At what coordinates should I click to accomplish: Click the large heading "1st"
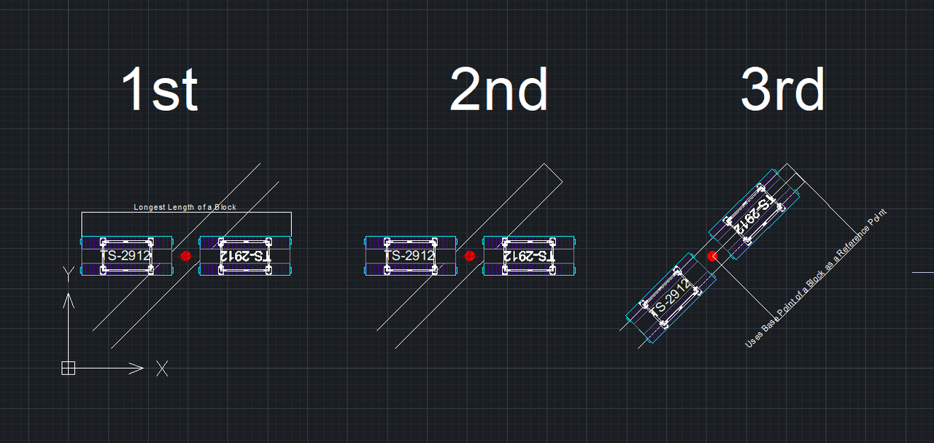point(160,90)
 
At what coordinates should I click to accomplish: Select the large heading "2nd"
point(499,90)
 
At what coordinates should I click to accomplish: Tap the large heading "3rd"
point(783,90)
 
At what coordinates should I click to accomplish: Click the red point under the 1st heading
point(185,256)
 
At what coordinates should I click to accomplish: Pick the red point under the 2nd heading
point(469,256)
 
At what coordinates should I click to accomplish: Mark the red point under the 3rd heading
point(712,255)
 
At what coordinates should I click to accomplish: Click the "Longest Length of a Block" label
point(185,207)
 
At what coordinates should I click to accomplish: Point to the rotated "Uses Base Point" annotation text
point(815,279)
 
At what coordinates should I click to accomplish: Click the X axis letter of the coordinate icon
point(162,369)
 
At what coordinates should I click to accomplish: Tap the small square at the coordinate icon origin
point(68,368)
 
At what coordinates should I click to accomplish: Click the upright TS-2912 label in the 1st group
point(126,256)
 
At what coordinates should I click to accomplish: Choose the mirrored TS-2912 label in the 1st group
point(245,256)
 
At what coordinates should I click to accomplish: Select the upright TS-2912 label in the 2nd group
point(409,256)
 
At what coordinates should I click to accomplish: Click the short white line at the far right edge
point(923,272)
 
